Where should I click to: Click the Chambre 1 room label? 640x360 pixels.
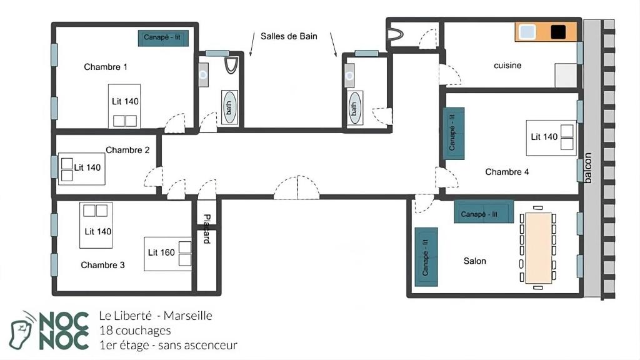105,67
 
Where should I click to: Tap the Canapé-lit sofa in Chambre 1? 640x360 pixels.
163,38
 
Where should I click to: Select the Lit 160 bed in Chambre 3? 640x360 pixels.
167,254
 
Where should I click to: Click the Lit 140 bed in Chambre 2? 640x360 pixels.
82,169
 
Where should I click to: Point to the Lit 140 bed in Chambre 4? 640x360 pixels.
551,137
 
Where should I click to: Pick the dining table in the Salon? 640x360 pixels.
538,248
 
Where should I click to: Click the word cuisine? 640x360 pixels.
507,65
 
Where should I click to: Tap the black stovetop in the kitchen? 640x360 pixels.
558,32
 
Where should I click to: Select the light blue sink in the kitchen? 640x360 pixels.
527,32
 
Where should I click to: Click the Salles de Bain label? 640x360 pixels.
289,36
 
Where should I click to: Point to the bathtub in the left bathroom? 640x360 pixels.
229,107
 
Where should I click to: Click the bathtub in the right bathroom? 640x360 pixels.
354,108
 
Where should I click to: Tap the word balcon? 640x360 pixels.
587,167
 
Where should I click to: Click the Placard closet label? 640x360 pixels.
207,229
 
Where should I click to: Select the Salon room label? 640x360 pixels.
475,261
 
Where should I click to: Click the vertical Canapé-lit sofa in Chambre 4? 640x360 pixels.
454,133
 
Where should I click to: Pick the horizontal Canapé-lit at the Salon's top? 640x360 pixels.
484,211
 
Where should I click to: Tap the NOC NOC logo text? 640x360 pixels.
64,331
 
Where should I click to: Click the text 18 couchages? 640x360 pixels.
135,331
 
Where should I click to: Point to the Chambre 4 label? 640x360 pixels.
507,172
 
